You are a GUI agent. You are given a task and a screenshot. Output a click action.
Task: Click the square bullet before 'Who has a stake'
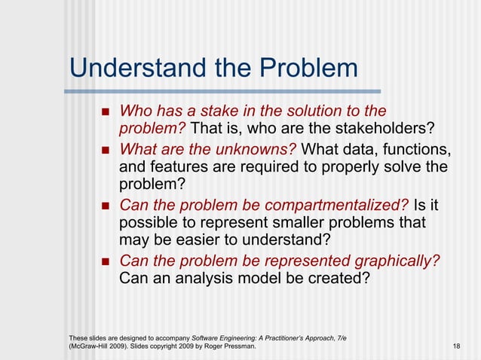click(105, 113)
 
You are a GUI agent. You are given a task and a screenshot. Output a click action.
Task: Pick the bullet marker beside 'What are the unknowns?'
click(105, 149)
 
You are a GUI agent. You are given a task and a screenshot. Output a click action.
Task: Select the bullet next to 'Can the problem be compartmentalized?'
click(105, 205)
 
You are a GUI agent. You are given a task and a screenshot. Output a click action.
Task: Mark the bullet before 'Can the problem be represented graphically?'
click(105, 261)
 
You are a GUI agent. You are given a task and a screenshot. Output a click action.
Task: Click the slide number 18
click(456, 345)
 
